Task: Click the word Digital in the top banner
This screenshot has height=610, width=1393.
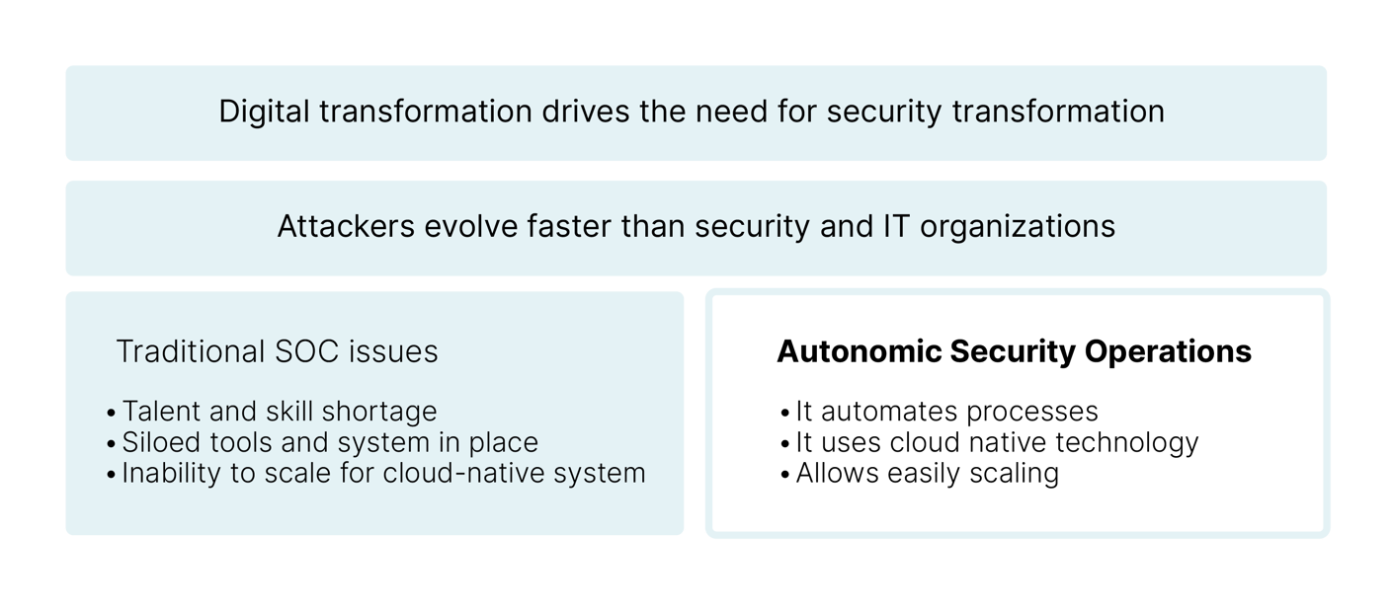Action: (x=259, y=112)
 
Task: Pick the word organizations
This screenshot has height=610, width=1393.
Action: (x=1018, y=226)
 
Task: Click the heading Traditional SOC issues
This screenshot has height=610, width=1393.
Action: (x=277, y=351)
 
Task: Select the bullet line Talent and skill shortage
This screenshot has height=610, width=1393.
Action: (x=279, y=411)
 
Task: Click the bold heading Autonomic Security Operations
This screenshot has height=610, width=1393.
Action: (x=1015, y=351)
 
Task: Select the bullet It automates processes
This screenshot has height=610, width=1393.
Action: (x=946, y=411)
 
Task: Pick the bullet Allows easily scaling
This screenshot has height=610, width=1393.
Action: (x=927, y=473)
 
